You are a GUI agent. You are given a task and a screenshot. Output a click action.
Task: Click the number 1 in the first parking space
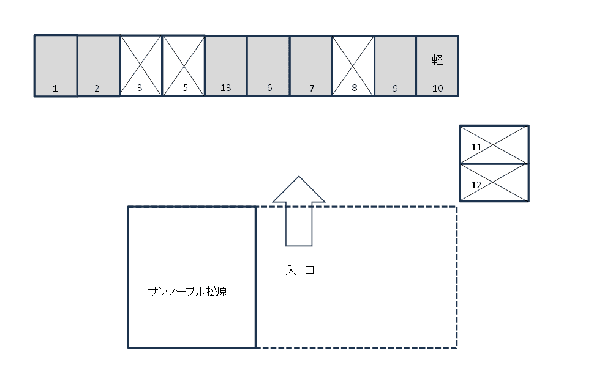click(x=55, y=89)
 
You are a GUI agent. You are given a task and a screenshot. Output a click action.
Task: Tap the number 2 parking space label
click(x=97, y=89)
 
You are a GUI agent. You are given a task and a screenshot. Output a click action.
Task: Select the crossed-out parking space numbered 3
click(x=141, y=66)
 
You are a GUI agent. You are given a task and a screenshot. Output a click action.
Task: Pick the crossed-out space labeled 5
click(x=184, y=66)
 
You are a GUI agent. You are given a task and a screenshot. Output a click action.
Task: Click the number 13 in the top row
click(x=226, y=88)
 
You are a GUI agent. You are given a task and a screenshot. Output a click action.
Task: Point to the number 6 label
click(x=269, y=88)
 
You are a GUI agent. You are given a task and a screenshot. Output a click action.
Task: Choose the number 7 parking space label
click(x=312, y=88)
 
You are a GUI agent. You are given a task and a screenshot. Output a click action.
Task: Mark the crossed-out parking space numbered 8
click(x=353, y=66)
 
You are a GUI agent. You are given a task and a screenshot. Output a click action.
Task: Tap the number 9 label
click(x=395, y=89)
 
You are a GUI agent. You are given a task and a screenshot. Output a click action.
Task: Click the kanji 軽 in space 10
click(x=438, y=59)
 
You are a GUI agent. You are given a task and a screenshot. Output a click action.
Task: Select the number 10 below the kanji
click(x=438, y=89)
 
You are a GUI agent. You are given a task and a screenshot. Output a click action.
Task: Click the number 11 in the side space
click(x=476, y=147)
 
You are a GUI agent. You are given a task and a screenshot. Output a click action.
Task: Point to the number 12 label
click(x=476, y=185)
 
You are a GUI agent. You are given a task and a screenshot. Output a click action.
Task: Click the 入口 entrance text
click(x=300, y=270)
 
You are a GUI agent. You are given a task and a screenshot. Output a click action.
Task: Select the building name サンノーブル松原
click(x=187, y=291)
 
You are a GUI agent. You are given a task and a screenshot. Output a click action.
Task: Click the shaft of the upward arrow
click(x=299, y=224)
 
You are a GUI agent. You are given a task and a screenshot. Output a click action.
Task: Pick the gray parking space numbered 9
click(x=396, y=66)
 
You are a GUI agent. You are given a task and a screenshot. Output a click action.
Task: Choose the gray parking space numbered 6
click(x=269, y=66)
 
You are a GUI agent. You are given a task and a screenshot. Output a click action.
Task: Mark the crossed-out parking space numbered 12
click(x=494, y=182)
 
